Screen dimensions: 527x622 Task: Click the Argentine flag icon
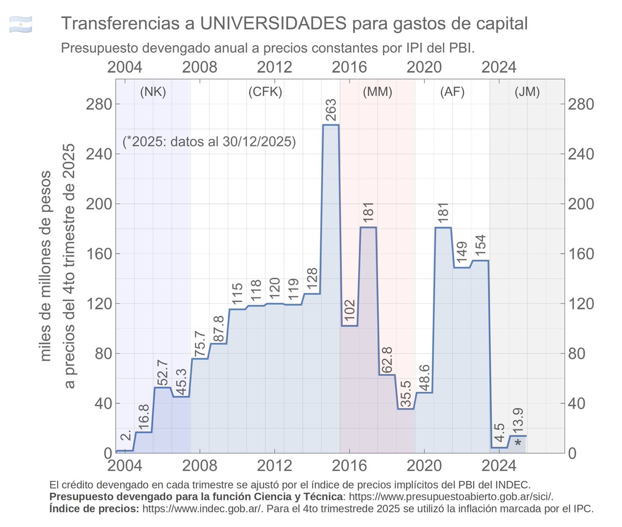click(21, 24)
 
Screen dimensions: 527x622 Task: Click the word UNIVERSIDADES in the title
click(273, 23)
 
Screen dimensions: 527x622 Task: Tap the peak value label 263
click(331, 110)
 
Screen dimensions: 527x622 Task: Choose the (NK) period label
click(153, 92)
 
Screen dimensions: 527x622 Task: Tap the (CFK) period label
click(265, 92)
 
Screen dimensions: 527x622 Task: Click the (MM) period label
click(377, 92)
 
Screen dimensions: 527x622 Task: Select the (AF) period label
click(452, 92)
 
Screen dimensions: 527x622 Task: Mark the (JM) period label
click(527, 92)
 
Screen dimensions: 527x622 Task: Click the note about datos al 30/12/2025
click(209, 141)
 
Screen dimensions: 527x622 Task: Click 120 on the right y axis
click(581, 304)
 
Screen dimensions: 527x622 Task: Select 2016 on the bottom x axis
click(349, 465)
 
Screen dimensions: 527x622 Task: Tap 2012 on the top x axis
click(275, 67)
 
